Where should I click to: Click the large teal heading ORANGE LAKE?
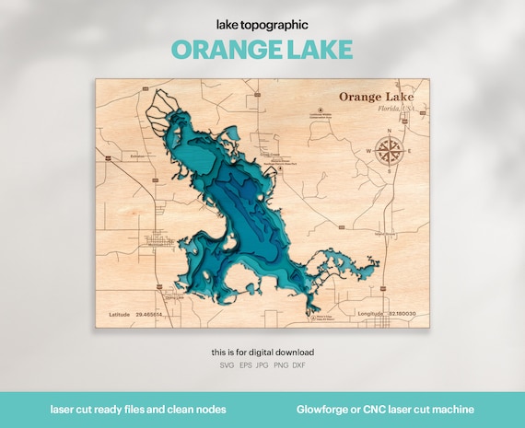pos(262,49)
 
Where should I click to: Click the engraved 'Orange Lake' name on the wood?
pos(377,96)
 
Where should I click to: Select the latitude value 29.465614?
pos(148,314)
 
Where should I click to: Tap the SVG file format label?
pos(227,366)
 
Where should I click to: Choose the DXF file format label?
pos(298,366)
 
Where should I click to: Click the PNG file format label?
pos(281,366)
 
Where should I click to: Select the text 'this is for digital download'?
pos(262,353)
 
